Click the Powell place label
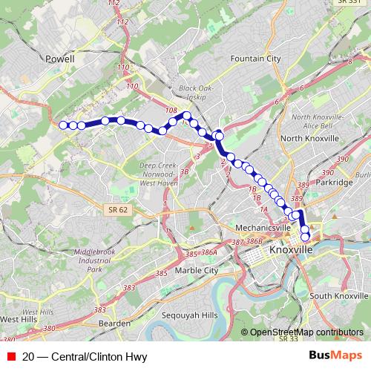coord(60,59)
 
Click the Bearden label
coord(114,324)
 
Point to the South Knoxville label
coord(335,296)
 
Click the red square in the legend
coord(11,357)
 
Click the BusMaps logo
coord(336,355)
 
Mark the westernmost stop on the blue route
coord(63,125)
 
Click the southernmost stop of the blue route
coord(305,237)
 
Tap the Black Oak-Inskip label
coord(196,93)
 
